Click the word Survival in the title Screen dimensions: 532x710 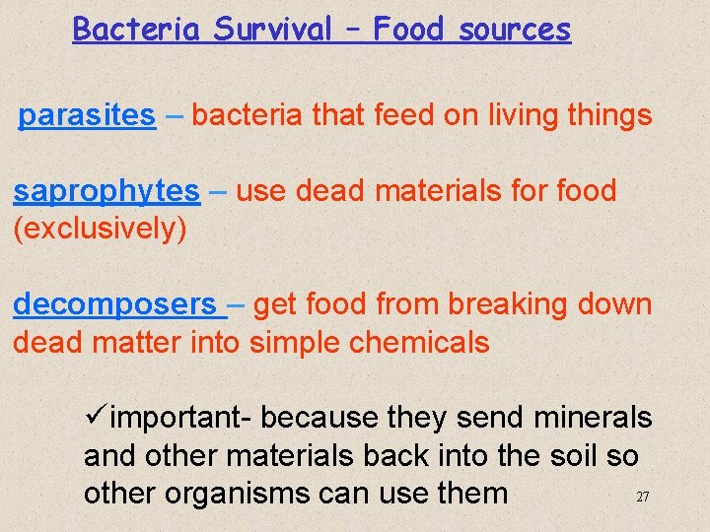point(273,30)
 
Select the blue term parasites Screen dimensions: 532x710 point(87,116)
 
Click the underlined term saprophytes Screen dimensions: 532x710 point(106,191)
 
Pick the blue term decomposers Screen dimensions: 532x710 point(114,305)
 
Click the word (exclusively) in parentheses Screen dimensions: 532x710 point(100,230)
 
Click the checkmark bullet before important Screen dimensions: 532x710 point(96,418)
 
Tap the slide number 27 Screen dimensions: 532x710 point(642,498)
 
